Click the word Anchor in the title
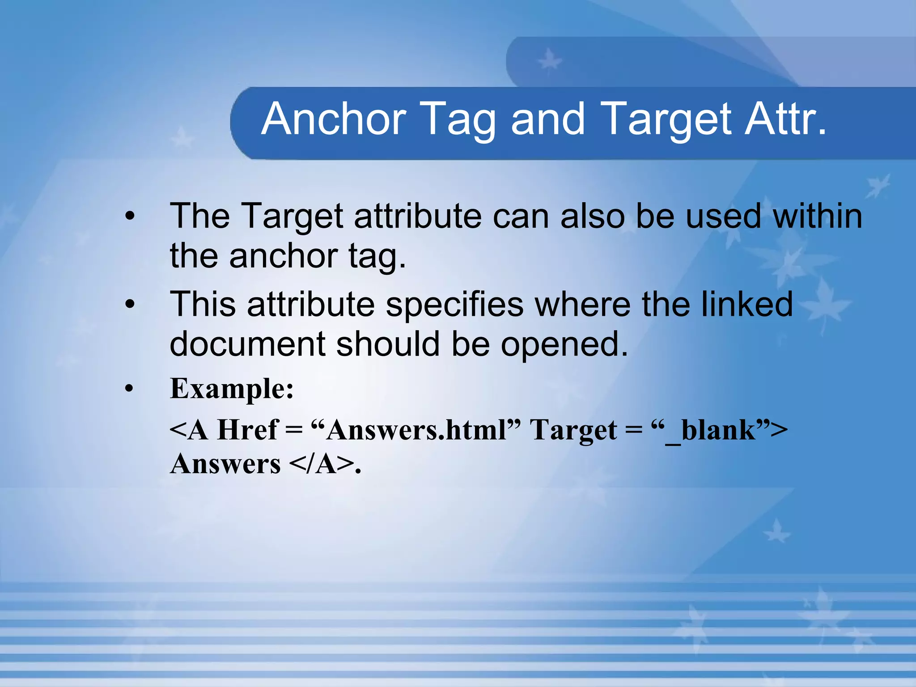click(x=334, y=119)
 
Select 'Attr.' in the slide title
click(x=785, y=119)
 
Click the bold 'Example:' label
click(x=232, y=389)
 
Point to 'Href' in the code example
click(x=247, y=430)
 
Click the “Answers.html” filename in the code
click(x=416, y=430)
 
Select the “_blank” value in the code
click(x=715, y=431)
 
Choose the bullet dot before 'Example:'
click(x=130, y=389)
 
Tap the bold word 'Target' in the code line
click(x=573, y=431)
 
